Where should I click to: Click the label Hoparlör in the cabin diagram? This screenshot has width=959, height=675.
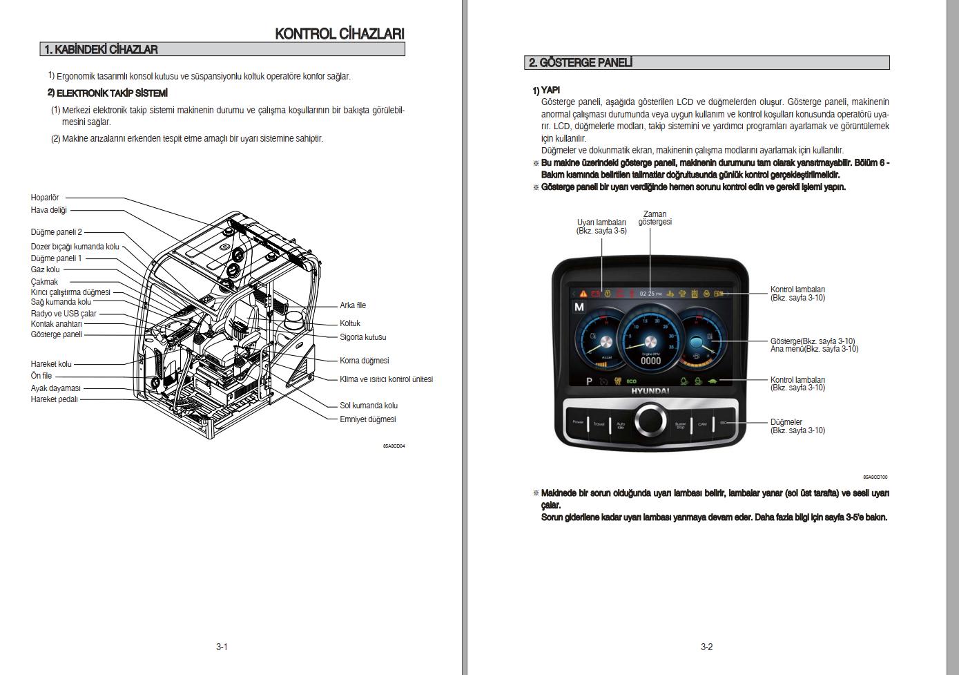tap(45, 198)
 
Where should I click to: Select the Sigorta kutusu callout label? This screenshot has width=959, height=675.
tap(362, 337)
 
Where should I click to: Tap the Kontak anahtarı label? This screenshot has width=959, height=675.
tap(56, 324)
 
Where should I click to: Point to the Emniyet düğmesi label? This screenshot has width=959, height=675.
tap(367, 419)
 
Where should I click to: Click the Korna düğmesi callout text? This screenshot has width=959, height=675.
tap(364, 361)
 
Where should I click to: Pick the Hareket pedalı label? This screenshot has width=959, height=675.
tap(54, 399)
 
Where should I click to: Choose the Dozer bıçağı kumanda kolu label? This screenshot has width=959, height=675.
tap(75, 247)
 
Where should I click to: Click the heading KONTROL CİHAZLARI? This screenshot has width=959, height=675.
tap(339, 34)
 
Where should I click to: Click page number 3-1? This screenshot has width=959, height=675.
tap(222, 647)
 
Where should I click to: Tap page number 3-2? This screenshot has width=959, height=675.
tap(706, 647)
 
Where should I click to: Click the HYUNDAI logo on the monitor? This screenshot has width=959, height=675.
tap(650, 391)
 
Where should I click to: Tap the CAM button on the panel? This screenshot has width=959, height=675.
tap(702, 424)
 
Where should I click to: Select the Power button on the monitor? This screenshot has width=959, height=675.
tap(578, 422)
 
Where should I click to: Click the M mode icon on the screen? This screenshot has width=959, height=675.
tap(579, 307)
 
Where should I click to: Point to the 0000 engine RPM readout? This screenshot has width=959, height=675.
tap(650, 361)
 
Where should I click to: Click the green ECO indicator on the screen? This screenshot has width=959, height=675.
tap(631, 381)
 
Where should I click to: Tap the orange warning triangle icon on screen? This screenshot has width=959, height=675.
tap(584, 294)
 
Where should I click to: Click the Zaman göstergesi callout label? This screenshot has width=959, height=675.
tap(655, 218)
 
